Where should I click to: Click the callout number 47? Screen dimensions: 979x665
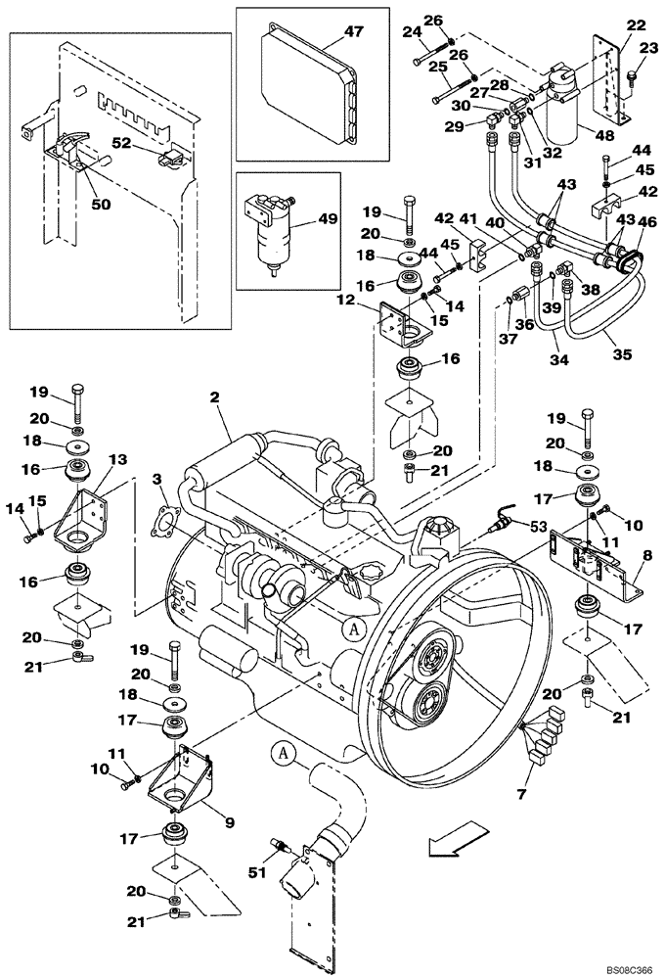[x=353, y=32]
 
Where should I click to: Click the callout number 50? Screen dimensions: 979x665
[x=102, y=204]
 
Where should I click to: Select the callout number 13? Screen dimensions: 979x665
[x=116, y=459]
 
